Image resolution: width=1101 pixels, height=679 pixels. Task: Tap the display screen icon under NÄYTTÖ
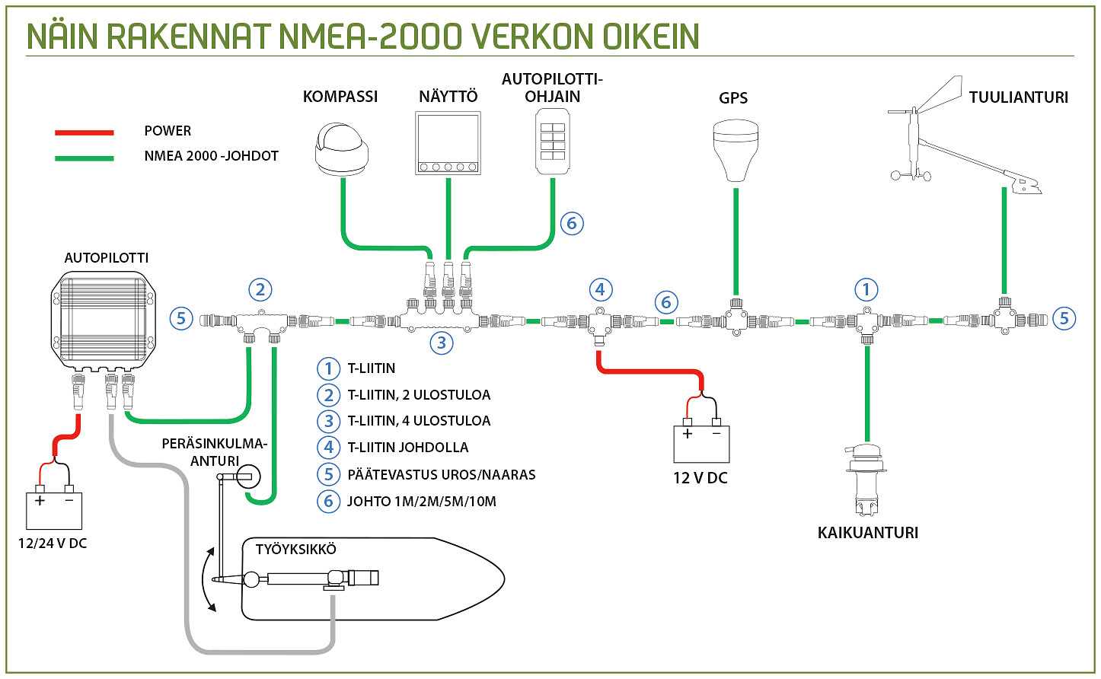(x=448, y=143)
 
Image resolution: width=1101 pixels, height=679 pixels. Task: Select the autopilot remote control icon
(x=553, y=142)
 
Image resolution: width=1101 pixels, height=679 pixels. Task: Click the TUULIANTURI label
(x=1018, y=97)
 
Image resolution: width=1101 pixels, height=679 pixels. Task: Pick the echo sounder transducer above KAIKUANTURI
(x=866, y=480)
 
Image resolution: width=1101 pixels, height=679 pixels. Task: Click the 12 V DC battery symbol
(x=701, y=443)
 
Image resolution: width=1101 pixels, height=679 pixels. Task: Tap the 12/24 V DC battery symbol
(x=54, y=509)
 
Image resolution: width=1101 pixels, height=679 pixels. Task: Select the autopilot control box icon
(x=103, y=320)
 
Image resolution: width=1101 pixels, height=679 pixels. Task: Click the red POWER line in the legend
(x=84, y=133)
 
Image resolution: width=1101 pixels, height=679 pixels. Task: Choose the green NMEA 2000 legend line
(x=84, y=158)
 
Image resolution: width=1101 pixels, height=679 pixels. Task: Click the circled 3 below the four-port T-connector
(x=442, y=343)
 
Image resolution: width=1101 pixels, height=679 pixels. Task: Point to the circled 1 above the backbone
(x=866, y=289)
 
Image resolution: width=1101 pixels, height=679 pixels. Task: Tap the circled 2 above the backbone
(x=260, y=289)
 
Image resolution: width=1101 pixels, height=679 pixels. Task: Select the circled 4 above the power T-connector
(x=601, y=289)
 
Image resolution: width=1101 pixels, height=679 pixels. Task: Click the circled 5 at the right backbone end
(x=1064, y=318)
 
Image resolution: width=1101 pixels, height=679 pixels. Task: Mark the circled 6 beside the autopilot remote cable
(x=572, y=223)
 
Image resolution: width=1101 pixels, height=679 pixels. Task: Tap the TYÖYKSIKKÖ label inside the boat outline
(x=295, y=550)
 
